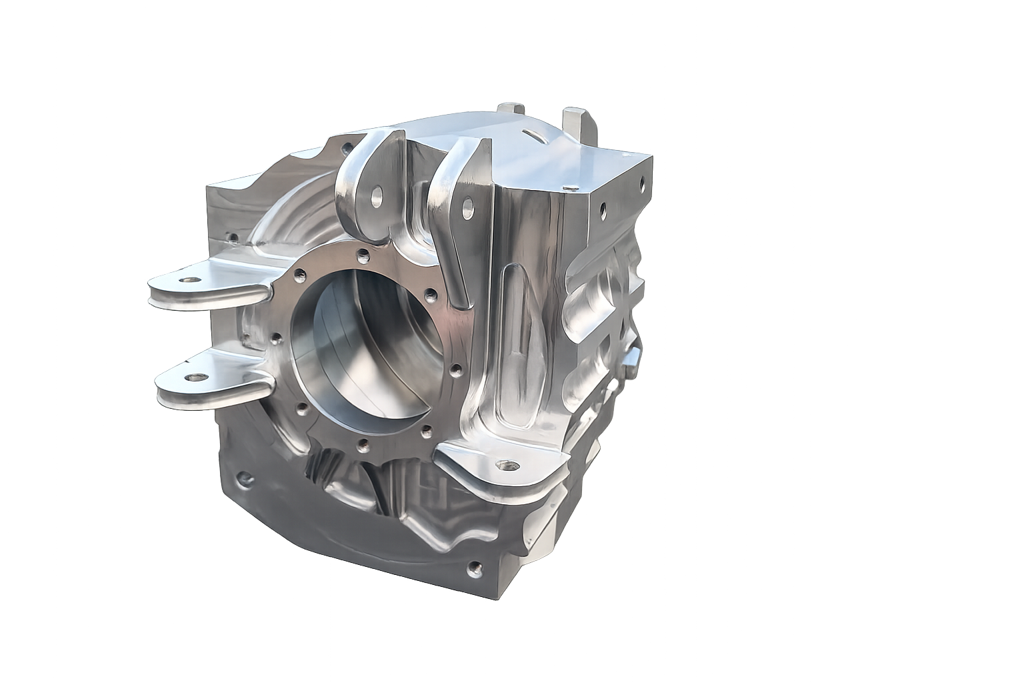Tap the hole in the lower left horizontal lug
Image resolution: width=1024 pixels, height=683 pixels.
coord(193,378)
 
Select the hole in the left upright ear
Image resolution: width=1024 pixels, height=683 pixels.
coord(377,195)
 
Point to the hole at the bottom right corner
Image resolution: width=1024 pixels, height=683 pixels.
coord(475,568)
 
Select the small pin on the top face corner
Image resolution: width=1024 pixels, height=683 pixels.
coord(570,183)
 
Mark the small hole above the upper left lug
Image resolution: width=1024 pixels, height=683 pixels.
coord(231,236)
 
